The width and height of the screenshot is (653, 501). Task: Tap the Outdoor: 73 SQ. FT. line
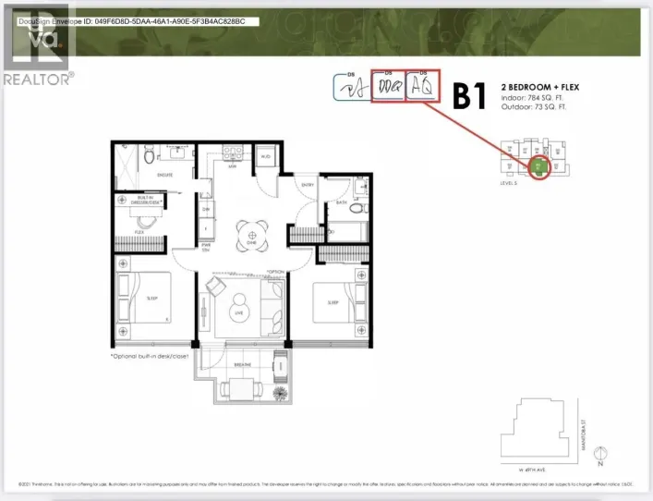[x=532, y=107]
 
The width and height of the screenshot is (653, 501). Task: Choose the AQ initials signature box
[x=424, y=88]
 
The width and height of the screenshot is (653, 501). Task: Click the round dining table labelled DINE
[x=248, y=233]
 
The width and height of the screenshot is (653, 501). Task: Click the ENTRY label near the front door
[x=308, y=186]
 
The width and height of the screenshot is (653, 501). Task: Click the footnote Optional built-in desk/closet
[x=153, y=356]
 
